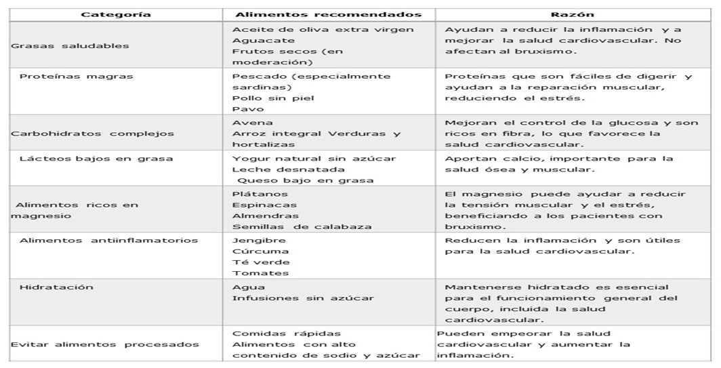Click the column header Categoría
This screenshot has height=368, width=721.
coord(116,14)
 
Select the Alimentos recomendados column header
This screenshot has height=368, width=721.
coord(328,14)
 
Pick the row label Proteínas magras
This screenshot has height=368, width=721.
coord(76,76)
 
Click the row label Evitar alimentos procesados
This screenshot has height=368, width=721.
coord(105,344)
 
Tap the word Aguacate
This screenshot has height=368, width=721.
coord(258,40)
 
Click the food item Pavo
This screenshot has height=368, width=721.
coord(243,108)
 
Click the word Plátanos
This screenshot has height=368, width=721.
coord(255,193)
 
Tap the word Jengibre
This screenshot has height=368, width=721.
coord(258,240)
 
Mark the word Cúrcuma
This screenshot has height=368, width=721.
coord(257,251)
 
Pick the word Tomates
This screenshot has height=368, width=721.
coord(255,273)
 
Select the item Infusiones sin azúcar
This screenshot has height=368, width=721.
coord(302,298)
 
